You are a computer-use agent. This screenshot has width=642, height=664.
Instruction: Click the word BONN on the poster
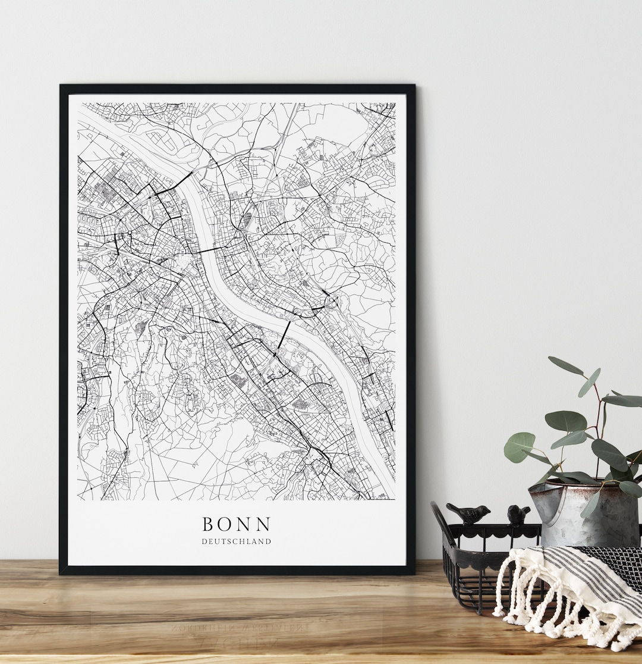coord(237,524)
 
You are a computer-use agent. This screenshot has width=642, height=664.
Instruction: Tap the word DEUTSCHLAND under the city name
coord(237,541)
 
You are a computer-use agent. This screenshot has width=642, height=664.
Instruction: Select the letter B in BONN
coord(208,524)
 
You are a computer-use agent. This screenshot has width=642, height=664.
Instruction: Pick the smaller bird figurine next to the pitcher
coord(518,514)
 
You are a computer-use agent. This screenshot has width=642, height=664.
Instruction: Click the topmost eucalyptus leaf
coord(565,365)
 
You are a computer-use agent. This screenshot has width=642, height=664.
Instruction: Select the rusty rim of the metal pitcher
coord(571,485)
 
